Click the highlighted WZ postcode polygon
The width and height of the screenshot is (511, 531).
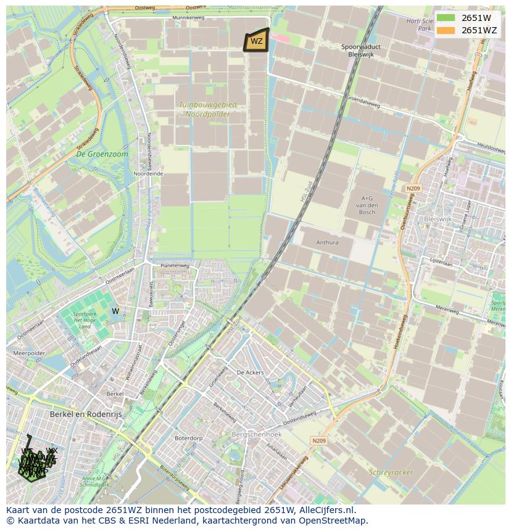[x=256, y=41]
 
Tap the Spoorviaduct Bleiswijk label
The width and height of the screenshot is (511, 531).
[x=361, y=50]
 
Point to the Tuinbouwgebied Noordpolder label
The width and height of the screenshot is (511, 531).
[x=204, y=109]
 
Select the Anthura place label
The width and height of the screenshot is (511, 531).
[x=327, y=242]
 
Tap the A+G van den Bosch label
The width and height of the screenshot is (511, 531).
[x=368, y=205]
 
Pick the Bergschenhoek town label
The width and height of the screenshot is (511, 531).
[x=256, y=435]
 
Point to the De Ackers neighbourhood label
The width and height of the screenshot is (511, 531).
[x=250, y=373]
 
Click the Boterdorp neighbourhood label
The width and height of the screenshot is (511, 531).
[x=188, y=438]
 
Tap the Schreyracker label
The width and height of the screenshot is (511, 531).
[x=390, y=472]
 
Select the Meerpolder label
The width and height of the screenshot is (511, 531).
[x=29, y=353]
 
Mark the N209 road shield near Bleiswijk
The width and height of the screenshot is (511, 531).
[x=413, y=188]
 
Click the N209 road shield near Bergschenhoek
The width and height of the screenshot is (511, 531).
[x=318, y=440]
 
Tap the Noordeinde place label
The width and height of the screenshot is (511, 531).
[x=148, y=174]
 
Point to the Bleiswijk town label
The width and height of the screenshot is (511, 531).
[x=438, y=219]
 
